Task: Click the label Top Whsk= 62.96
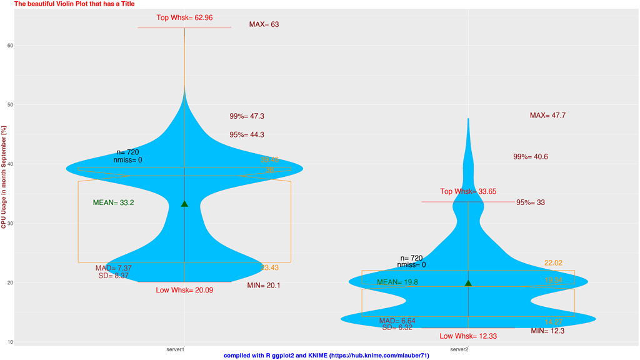184,18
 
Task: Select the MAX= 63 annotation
264,25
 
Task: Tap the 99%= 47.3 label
247,116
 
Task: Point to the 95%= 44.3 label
247,135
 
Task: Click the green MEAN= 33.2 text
113,202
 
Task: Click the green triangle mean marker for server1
184,204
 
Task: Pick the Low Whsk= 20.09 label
184,291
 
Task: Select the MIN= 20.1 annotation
264,286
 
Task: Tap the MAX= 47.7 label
547,116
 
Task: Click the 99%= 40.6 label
531,157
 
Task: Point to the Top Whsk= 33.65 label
468,192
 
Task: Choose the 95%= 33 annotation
531,202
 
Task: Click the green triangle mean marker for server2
468,283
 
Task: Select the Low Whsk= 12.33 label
468,336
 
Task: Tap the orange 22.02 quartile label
554,263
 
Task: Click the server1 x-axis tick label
176,349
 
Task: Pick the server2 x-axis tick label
459,349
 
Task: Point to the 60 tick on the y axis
10,45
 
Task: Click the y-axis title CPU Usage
4,177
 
